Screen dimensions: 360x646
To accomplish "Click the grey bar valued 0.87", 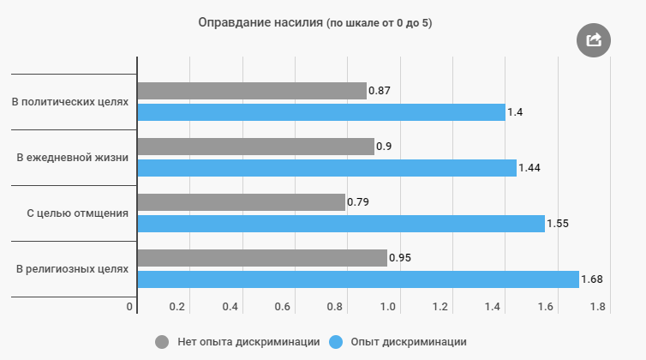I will tap(252, 91).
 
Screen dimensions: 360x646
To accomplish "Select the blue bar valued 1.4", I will tap(321, 112).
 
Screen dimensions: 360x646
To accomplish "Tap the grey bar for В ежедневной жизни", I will tap(256, 147).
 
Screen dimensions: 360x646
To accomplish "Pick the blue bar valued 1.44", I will tap(326, 168).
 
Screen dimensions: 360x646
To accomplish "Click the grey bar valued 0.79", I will tap(242, 202).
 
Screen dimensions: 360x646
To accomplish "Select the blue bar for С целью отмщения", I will tap(341, 224).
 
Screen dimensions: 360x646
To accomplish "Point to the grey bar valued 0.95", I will tap(262, 258).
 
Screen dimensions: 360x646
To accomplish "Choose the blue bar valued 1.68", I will tap(358, 279).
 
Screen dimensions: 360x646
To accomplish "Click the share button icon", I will tap(593, 39).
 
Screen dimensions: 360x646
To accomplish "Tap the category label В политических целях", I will tap(70, 102).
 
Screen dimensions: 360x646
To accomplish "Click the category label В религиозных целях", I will tap(73, 269).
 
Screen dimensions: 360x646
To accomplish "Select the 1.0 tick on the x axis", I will tap(388, 307).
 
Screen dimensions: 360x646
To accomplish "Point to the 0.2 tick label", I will tap(177, 307).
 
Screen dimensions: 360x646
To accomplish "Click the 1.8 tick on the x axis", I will tap(598, 307).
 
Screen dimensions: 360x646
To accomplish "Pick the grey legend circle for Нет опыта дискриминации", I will tap(162, 342).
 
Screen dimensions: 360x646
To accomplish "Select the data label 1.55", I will tap(558, 224).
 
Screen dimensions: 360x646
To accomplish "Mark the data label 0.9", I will tap(384, 147).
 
